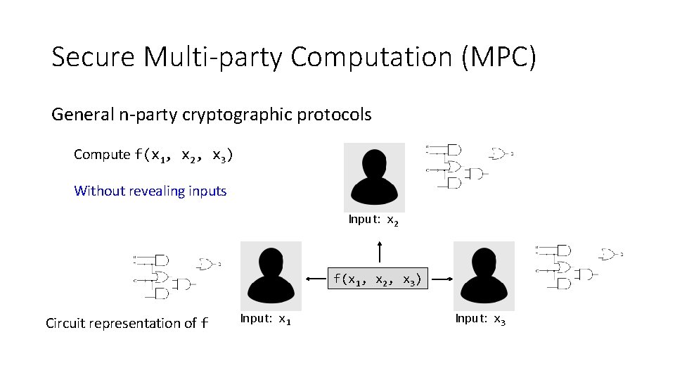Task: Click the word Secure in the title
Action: coord(94,57)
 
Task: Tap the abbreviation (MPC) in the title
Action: coord(499,57)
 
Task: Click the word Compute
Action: coord(102,154)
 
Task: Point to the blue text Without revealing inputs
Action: coord(150,191)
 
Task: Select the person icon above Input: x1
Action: coord(271,275)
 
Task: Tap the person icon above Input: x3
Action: coord(484,275)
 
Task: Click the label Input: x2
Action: coord(374,220)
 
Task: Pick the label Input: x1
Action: coord(266,319)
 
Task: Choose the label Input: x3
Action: coord(480,319)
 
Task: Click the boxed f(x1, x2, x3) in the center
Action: coord(378,279)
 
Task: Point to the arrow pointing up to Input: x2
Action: coord(380,251)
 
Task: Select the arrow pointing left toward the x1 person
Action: coord(317,279)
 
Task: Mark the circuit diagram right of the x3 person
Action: coord(578,265)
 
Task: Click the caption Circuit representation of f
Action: coord(127,324)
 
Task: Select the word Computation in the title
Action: coord(370,57)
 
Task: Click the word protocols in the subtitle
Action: coord(340,114)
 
